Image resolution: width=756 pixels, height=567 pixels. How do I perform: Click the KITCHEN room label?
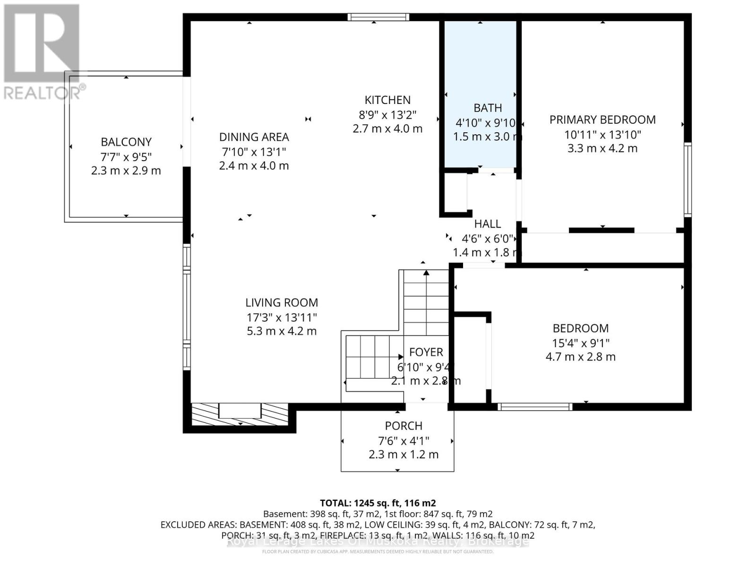tap(387, 100)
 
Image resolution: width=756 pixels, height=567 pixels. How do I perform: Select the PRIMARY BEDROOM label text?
tap(602, 120)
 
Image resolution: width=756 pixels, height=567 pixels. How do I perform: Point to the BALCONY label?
tap(126, 142)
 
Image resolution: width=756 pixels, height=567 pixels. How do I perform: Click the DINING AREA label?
tap(254, 137)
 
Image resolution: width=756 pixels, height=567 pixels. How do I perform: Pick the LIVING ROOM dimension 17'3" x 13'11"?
tap(282, 317)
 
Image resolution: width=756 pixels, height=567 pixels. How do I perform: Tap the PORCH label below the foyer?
tap(404, 426)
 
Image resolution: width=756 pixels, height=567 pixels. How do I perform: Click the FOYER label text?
tap(426, 352)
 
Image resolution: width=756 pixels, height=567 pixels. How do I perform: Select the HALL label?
tap(488, 224)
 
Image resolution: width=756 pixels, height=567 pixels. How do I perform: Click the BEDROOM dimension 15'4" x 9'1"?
tap(581, 343)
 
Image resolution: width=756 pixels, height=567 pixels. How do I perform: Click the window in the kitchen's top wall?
tap(378, 17)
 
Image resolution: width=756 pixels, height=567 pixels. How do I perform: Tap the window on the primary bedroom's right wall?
tap(688, 180)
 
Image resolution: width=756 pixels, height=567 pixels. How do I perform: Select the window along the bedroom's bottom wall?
tap(535, 406)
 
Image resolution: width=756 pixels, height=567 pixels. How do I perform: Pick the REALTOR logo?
tap(43, 52)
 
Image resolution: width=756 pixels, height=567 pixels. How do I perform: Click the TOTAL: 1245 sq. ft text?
tap(378, 503)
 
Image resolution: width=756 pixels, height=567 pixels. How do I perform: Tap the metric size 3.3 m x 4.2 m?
tap(602, 148)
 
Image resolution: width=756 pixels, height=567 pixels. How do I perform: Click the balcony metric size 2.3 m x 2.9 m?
tap(126, 171)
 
